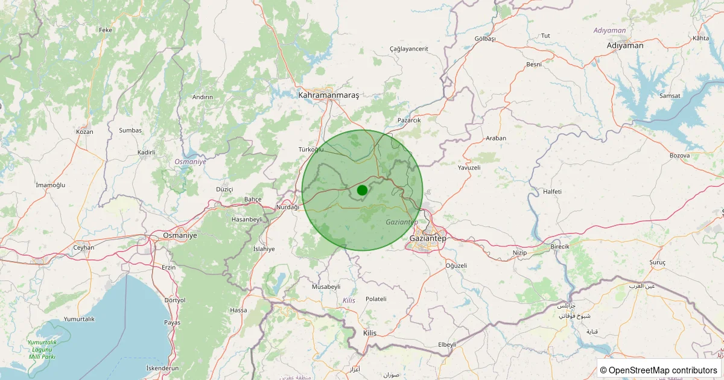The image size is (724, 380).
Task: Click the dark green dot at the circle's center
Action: pyautogui.click(x=362, y=190)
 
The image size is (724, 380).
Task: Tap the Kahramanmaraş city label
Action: pyautogui.click(x=328, y=95)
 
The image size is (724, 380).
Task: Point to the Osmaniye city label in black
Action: pyautogui.click(x=180, y=235)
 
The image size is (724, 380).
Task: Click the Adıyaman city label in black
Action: pyautogui.click(x=625, y=45)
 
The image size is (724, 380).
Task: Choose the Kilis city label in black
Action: pyautogui.click(x=369, y=333)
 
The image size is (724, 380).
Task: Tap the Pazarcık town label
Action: pyautogui.click(x=409, y=120)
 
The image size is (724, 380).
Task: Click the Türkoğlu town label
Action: pyautogui.click(x=311, y=149)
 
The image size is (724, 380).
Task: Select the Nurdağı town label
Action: pyautogui.click(x=287, y=207)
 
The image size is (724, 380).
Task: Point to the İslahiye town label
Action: pyautogui.click(x=264, y=249)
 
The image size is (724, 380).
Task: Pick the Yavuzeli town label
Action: pyautogui.click(x=469, y=167)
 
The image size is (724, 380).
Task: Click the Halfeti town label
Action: pyautogui.click(x=552, y=191)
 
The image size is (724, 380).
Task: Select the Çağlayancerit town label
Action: pyautogui.click(x=408, y=48)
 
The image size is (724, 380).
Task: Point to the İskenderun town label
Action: pyautogui.click(x=163, y=368)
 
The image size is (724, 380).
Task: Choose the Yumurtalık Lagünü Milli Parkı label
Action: pyautogui.click(x=42, y=349)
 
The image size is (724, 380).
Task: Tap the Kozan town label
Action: pyautogui.click(x=84, y=131)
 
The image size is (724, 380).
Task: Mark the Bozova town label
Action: pyautogui.click(x=679, y=156)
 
